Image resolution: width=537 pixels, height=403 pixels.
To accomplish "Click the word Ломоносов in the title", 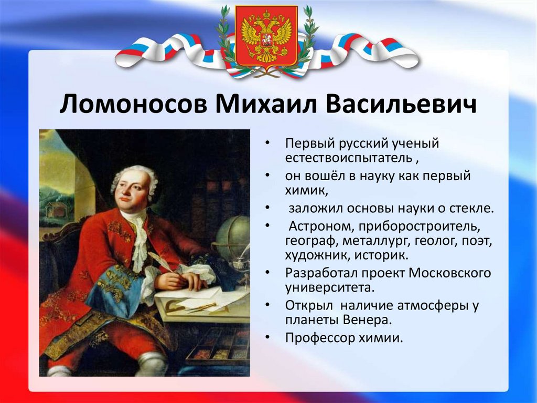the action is click(x=134, y=104).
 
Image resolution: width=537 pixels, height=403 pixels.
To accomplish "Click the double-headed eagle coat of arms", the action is click(x=266, y=36).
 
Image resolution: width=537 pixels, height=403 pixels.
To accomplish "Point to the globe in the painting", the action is click(x=232, y=236).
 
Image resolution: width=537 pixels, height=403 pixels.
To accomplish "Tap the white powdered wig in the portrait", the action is click(x=135, y=182).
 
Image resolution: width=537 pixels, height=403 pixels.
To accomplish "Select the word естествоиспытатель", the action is click(x=349, y=158).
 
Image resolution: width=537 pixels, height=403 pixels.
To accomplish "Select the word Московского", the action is click(x=449, y=273).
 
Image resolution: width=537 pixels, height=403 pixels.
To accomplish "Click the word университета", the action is click(x=329, y=287).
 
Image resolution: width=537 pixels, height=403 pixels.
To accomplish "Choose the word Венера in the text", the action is click(x=367, y=320).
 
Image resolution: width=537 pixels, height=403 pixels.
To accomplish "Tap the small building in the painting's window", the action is click(x=55, y=210).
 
